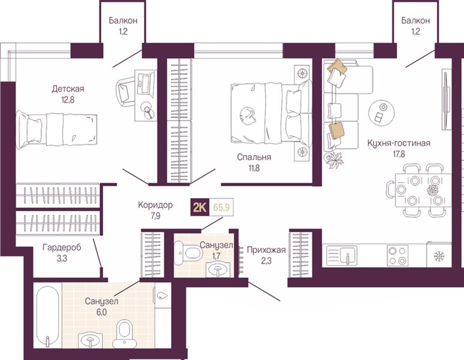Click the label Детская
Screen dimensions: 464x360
tap(68, 89)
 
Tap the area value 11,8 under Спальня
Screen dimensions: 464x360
tap(254, 169)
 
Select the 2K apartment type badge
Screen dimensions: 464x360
tap(200, 207)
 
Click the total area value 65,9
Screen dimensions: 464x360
tap(222, 207)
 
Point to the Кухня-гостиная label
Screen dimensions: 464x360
tap(399, 143)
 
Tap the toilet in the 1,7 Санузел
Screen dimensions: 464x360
tap(188, 253)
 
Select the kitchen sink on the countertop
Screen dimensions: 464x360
tap(342, 256)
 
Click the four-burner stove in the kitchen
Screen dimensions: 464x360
tap(397, 255)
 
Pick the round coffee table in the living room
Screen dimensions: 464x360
tap(381, 113)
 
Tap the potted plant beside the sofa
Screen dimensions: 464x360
tap(334, 160)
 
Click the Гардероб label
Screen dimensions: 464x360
tap(62, 247)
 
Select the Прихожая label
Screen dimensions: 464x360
tap(266, 250)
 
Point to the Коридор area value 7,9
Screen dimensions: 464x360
tap(155, 216)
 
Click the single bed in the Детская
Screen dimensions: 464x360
tap(56, 130)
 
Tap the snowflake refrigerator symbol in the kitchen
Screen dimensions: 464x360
tap(439, 256)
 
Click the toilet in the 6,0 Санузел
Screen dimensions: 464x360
tap(125, 334)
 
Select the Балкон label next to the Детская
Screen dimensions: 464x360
tap(123, 20)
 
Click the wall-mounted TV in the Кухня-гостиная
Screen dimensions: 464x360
tap(446, 99)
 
